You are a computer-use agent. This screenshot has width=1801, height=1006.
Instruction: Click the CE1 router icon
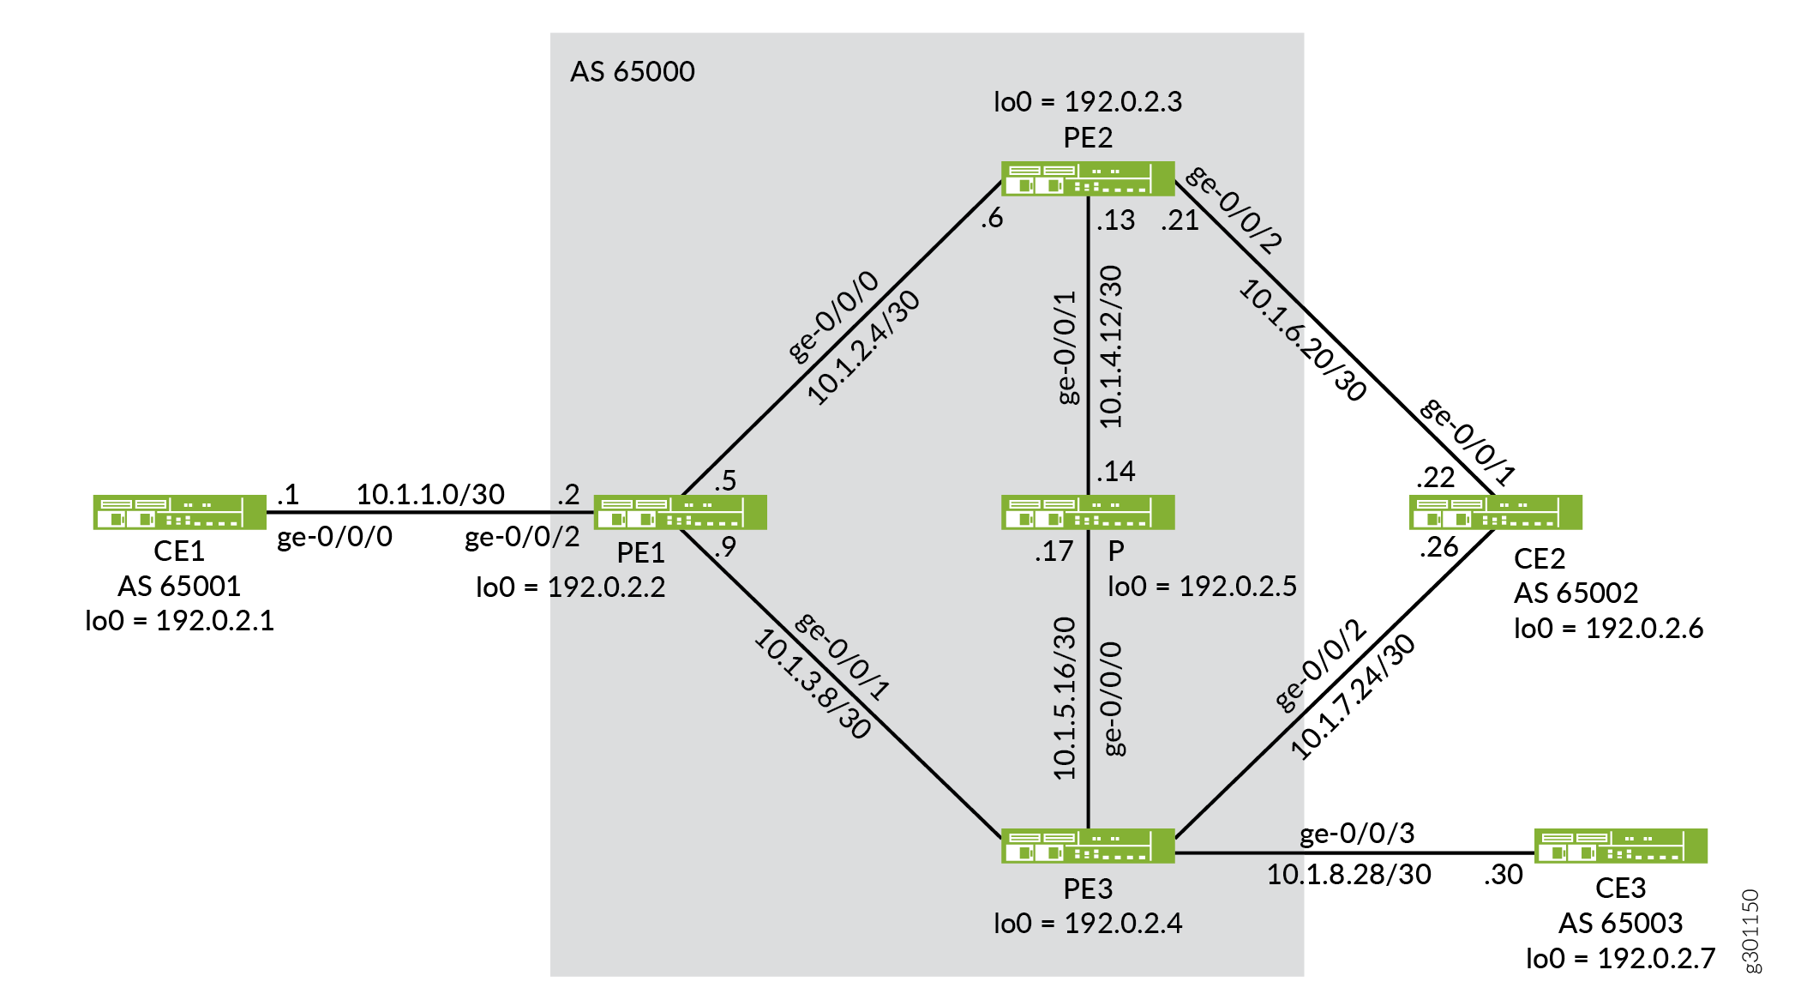click(x=180, y=512)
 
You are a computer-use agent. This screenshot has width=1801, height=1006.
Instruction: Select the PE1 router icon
click(x=681, y=512)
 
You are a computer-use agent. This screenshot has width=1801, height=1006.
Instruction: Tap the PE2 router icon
click(x=1088, y=178)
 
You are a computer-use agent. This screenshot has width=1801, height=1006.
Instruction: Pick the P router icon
click(x=1088, y=512)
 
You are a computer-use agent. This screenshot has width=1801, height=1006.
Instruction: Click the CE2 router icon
click(x=1496, y=512)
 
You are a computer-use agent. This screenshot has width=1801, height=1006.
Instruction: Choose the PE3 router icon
click(x=1088, y=846)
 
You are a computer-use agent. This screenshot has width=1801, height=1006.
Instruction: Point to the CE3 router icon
click(x=1621, y=846)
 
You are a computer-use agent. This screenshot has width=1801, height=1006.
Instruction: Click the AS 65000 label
click(x=633, y=71)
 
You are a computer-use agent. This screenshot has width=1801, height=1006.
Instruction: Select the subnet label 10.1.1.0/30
click(x=430, y=494)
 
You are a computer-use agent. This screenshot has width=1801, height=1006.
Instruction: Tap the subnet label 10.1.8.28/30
click(x=1349, y=874)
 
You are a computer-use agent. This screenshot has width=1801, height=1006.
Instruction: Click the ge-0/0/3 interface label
click(x=1357, y=834)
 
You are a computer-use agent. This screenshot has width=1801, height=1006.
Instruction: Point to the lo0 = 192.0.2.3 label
click(x=1088, y=102)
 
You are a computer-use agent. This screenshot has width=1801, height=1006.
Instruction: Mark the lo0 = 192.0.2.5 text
click(x=1202, y=586)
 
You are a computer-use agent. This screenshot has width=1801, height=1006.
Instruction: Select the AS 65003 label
click(x=1620, y=923)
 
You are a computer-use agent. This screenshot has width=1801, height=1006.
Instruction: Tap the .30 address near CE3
click(x=1504, y=875)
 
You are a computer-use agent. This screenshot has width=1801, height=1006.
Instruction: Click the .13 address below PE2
click(x=1115, y=220)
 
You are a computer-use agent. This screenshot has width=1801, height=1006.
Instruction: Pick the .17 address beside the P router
click(x=1054, y=551)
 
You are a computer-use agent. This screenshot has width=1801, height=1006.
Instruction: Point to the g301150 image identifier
click(x=1750, y=931)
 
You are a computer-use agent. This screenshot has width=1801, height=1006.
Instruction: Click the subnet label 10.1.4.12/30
click(x=1110, y=346)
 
